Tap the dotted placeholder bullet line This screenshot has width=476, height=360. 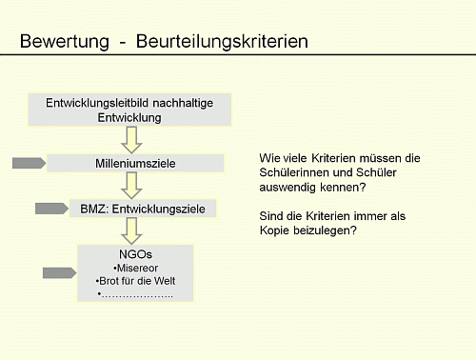click(135, 294)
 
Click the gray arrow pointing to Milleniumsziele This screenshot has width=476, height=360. click(29, 164)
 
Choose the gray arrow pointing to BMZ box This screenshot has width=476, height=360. click(51, 209)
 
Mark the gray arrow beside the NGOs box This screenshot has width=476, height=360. click(59, 274)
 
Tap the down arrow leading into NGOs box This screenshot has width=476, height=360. click(139, 230)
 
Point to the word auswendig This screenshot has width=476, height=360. click(290, 188)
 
